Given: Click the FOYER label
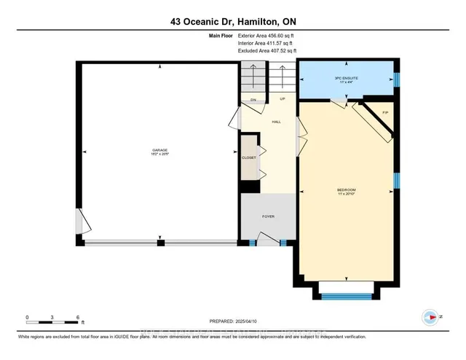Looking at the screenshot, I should click(269, 216).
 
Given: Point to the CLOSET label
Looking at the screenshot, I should click(248, 157).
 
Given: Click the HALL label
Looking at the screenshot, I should click(276, 122).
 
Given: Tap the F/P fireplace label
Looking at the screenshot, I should click(385, 111).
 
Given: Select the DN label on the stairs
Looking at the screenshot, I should click(253, 100).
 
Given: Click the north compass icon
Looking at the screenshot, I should click(430, 316).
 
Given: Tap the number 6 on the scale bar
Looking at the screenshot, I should click(78, 318).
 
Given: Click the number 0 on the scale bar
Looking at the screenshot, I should click(27, 318).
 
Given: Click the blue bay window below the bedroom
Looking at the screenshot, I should click(346, 296).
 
